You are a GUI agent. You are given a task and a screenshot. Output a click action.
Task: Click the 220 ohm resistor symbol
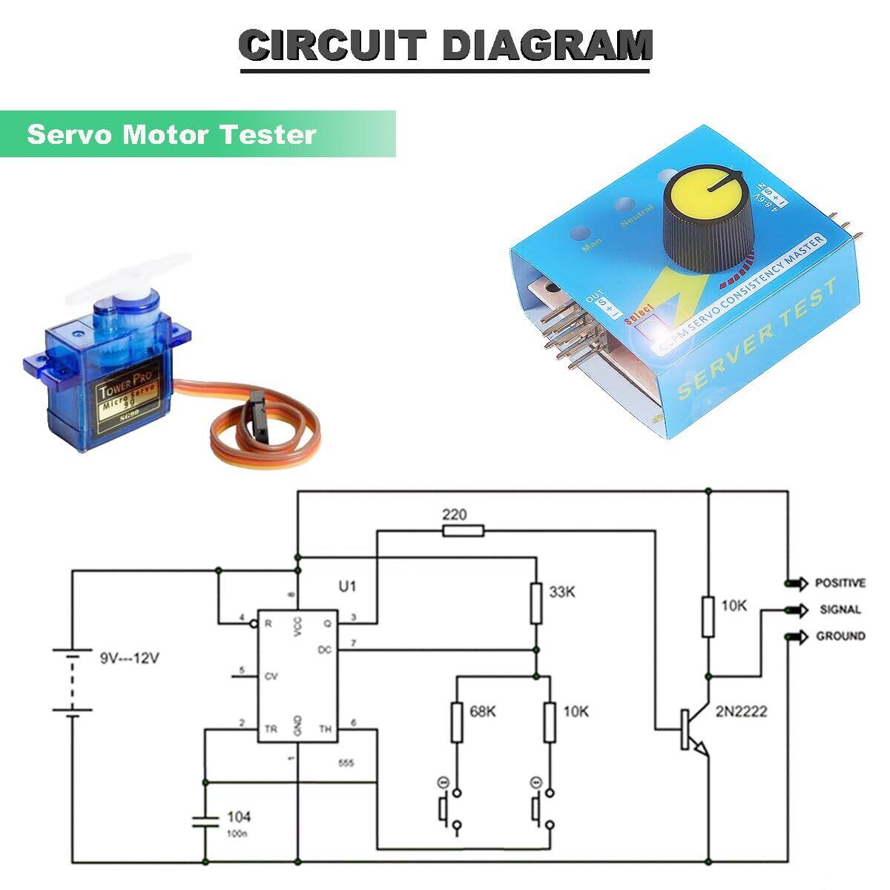pos(463,530)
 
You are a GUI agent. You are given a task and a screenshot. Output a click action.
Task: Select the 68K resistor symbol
pos(458,722)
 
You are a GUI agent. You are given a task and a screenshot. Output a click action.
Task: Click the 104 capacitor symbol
pos(205,820)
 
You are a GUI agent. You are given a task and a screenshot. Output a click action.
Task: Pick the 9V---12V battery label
pos(129,658)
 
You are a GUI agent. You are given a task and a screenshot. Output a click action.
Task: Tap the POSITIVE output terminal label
pos(840,583)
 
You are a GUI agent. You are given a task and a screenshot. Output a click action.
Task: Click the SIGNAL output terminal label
pos(840,610)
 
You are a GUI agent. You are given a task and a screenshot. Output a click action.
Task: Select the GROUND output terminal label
pos(840,636)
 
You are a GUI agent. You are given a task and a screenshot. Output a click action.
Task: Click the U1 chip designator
pos(347,587)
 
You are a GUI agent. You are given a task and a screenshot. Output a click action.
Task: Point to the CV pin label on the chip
pos(271,676)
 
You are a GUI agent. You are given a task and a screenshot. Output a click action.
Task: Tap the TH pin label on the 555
pos(325,729)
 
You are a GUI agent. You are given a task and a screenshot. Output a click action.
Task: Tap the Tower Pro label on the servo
pos(122,384)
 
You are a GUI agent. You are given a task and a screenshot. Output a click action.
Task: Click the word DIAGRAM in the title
pos(547,46)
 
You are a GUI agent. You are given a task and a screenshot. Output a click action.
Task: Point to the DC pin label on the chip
pos(324,650)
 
